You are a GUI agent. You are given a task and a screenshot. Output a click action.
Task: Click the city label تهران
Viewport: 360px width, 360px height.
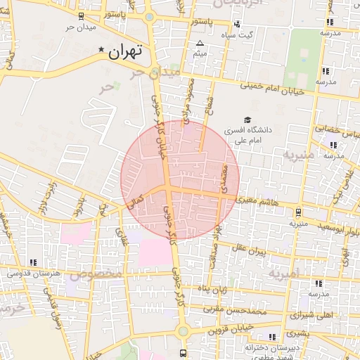coord(127,51)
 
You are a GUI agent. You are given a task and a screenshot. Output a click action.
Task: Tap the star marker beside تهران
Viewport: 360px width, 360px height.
coord(102,50)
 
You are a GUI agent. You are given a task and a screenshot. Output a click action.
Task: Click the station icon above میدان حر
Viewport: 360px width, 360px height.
coord(81,15)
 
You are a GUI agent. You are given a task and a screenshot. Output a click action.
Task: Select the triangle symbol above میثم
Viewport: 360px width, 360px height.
coord(200,44)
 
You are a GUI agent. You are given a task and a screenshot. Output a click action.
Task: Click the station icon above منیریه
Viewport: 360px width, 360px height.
coord(298,212)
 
